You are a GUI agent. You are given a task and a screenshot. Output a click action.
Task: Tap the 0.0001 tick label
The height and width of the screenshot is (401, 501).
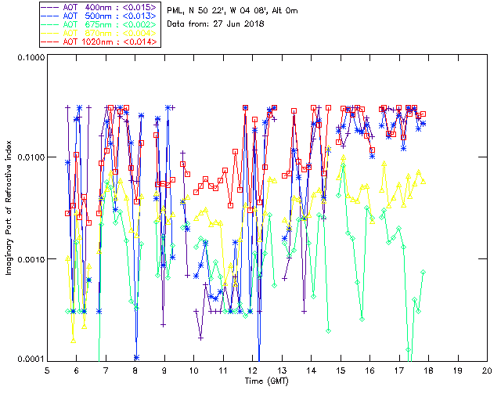pos(29,359)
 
